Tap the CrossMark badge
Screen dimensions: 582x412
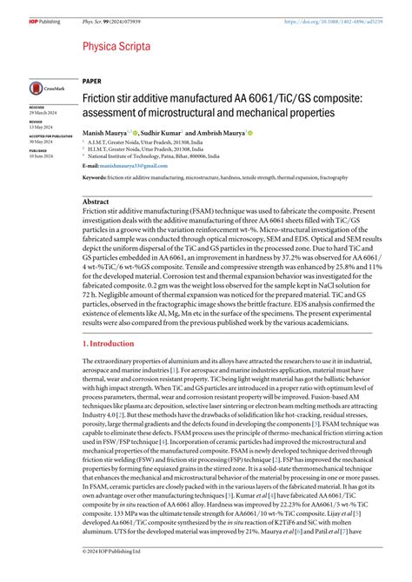click(45, 87)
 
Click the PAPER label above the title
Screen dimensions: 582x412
click(92, 80)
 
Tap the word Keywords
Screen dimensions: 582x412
click(96, 176)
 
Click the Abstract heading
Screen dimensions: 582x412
click(96, 201)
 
